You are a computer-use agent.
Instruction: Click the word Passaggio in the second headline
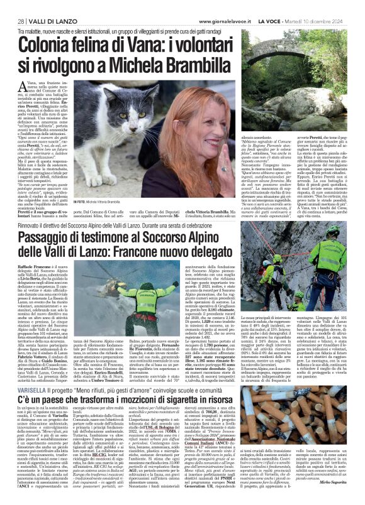click(55, 220)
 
